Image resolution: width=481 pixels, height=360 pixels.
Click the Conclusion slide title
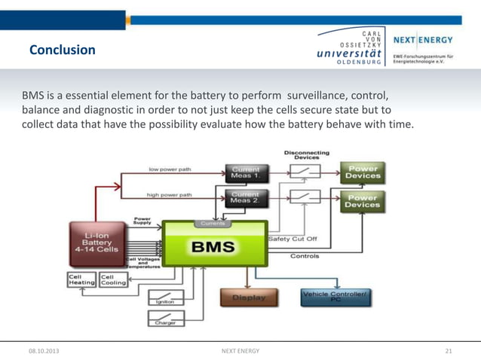point(62,50)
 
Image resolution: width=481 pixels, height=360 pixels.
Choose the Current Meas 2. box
point(244,197)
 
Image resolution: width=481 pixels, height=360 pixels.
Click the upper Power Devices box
point(363,172)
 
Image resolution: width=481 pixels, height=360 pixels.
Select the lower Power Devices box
point(363,200)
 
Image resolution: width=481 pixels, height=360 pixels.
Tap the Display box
point(248,297)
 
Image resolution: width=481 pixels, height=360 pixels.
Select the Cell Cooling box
point(113,279)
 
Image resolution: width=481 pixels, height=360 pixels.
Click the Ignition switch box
point(166,297)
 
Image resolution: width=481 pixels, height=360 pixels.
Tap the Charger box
point(166,319)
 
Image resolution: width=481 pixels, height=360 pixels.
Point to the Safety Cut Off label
point(293,238)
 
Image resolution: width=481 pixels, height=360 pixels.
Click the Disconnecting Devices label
point(306,154)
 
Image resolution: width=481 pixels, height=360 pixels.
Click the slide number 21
point(449,351)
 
